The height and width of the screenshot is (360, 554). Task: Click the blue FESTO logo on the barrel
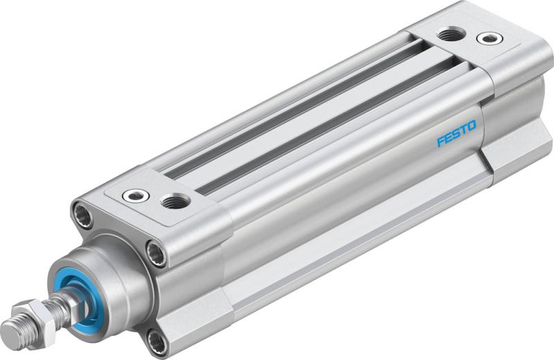(x=456, y=134)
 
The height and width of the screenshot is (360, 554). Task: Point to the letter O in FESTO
(x=472, y=126)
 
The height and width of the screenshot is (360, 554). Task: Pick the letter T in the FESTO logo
(x=464, y=130)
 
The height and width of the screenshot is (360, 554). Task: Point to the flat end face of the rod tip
(x=8, y=327)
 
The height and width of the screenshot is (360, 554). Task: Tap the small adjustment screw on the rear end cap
(x=490, y=38)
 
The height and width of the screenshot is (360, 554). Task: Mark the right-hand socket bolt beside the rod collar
(x=157, y=254)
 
